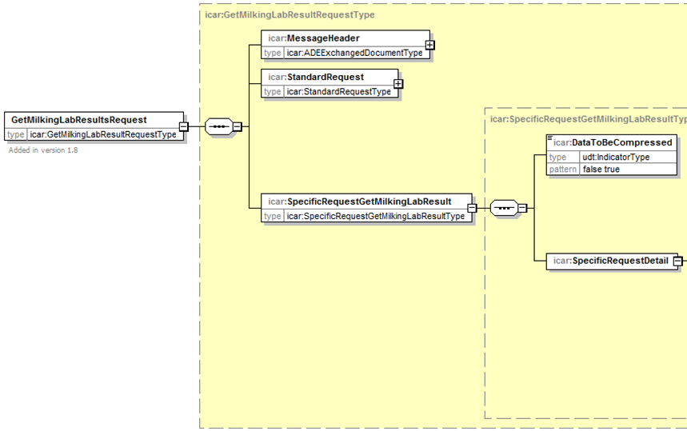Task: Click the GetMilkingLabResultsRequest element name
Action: (x=79, y=120)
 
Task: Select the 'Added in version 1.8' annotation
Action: (x=43, y=150)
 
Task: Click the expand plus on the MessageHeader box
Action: (x=429, y=45)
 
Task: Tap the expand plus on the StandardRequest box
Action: (x=398, y=84)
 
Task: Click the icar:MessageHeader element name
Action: (x=314, y=38)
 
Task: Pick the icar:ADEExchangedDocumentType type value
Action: (x=354, y=53)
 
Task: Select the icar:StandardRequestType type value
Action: (x=338, y=91)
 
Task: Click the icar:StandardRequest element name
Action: (x=316, y=77)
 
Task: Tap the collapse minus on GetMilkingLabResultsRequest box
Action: (x=184, y=126)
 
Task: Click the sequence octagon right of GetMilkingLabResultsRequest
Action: (x=219, y=126)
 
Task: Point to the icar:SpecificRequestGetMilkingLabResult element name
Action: (x=360, y=202)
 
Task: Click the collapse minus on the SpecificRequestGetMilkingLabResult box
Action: (x=472, y=209)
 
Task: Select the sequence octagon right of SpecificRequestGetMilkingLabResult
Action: (x=505, y=208)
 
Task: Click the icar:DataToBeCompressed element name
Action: (x=612, y=143)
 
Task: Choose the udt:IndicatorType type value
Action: (x=616, y=158)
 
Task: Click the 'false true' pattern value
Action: (x=601, y=170)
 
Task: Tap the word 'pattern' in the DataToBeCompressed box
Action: (x=562, y=170)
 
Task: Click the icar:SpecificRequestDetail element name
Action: (x=610, y=261)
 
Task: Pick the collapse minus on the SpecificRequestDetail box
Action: (x=677, y=261)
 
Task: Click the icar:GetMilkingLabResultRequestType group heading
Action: (x=290, y=15)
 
